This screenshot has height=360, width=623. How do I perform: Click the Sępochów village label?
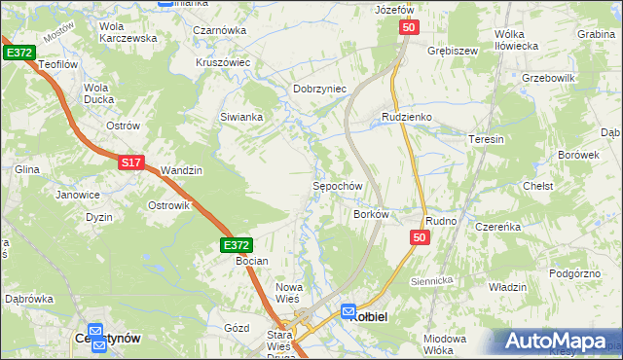(x=338, y=186)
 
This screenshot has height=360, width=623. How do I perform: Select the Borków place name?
(x=371, y=214)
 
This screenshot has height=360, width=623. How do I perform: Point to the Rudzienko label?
(x=406, y=117)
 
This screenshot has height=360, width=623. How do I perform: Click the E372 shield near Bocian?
(x=237, y=246)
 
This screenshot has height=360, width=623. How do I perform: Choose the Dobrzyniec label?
(x=320, y=89)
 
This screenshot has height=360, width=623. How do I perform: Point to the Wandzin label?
(x=181, y=170)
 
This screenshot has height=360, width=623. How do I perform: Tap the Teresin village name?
(x=487, y=139)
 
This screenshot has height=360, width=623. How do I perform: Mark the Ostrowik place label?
(x=167, y=205)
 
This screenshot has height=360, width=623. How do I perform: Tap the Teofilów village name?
(x=56, y=63)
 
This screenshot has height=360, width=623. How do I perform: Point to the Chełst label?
(x=537, y=186)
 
